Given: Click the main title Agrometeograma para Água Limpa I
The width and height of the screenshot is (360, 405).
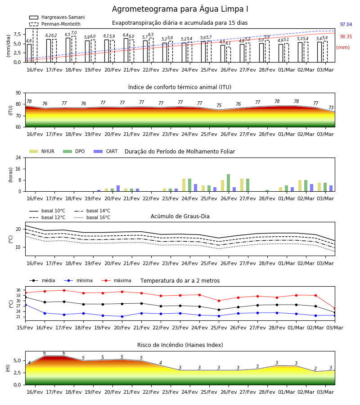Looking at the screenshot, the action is click(x=180, y=9).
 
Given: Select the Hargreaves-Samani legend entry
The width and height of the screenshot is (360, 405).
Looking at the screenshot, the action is click(x=57, y=17).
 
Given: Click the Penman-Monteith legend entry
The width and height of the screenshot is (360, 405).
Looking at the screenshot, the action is click(x=55, y=24).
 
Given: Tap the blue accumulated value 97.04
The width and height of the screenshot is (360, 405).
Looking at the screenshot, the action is click(x=346, y=25).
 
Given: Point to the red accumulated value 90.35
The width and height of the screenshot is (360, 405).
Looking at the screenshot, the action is click(x=346, y=37).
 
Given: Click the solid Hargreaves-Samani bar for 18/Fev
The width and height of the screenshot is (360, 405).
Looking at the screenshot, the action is click(x=68, y=50).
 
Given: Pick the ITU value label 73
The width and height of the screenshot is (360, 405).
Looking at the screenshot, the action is click(x=331, y=108).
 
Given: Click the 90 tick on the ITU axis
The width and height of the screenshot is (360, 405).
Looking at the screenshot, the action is click(x=18, y=93).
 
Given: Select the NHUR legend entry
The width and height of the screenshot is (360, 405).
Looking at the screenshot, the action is click(x=42, y=151).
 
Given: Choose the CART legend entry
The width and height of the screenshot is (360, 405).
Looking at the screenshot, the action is click(x=106, y=151).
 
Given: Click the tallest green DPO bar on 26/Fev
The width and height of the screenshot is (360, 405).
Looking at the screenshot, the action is click(x=228, y=183).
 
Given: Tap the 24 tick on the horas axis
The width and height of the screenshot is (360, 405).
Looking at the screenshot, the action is click(x=18, y=158).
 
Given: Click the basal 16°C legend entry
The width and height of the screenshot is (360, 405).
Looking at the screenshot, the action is click(x=92, y=218).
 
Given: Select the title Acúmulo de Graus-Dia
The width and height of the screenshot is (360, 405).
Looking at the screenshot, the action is click(x=180, y=216).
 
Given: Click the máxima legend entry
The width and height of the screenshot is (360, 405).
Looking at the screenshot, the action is click(x=116, y=280).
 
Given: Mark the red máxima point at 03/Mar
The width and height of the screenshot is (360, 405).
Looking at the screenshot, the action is click(x=335, y=308).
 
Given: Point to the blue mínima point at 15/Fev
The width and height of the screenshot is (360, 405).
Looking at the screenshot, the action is click(x=26, y=305).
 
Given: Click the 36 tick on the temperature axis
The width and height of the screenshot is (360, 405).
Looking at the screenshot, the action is click(x=19, y=290).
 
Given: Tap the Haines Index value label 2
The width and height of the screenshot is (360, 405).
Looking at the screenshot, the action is click(x=315, y=369).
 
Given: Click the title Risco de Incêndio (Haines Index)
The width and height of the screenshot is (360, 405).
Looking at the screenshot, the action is click(x=180, y=345).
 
